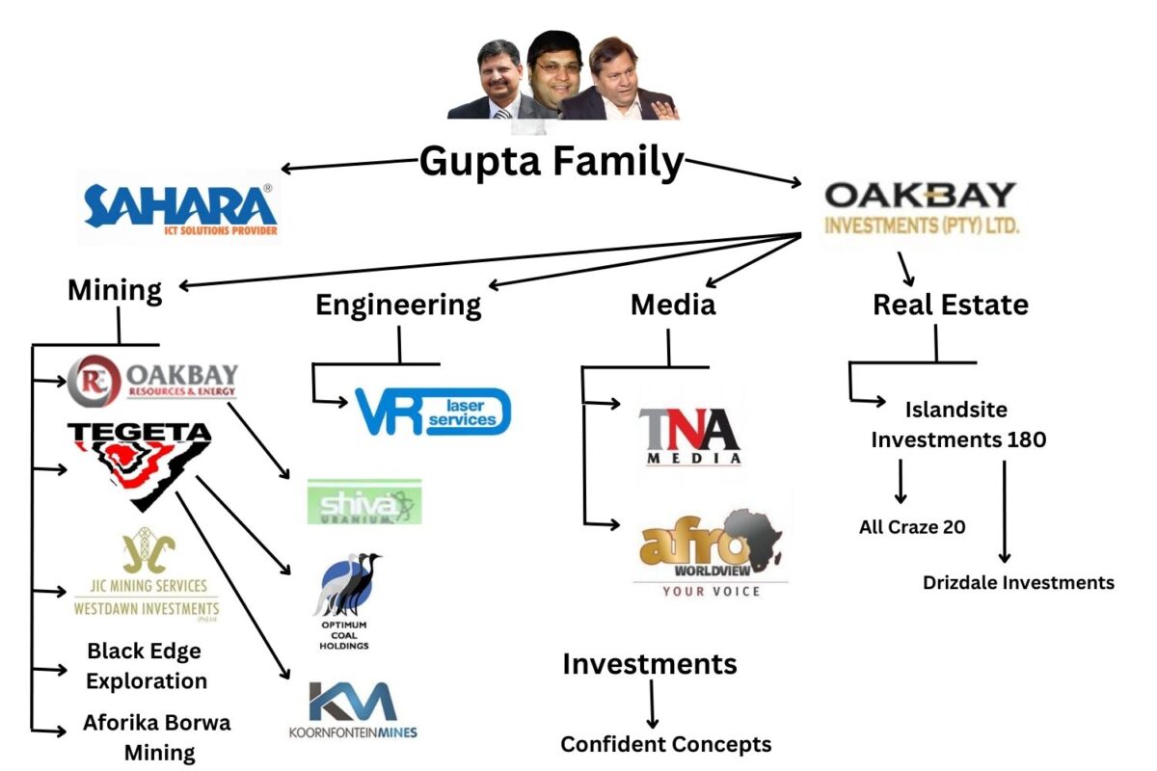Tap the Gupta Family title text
(552, 161)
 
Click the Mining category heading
(115, 289)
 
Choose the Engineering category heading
(398, 305)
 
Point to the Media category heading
(673, 305)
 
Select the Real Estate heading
(950, 305)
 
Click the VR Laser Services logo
(432, 411)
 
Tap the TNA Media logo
(690, 436)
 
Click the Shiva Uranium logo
(364, 501)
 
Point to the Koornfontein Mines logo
(353, 710)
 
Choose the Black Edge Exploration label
(146, 666)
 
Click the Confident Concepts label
(666, 744)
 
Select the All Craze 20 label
(912, 527)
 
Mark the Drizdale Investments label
(1018, 582)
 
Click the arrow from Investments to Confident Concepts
(652, 705)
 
